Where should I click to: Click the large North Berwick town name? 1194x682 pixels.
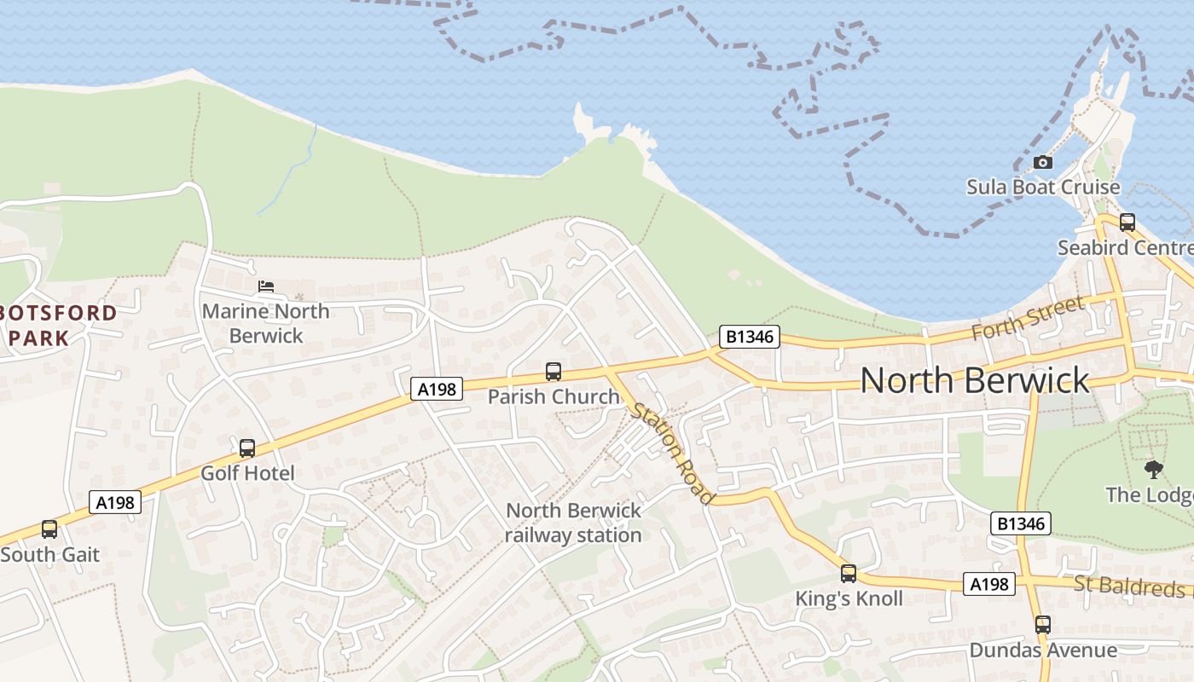click(x=975, y=380)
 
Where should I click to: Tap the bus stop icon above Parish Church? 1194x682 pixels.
click(x=554, y=372)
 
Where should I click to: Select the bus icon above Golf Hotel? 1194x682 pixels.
click(x=247, y=448)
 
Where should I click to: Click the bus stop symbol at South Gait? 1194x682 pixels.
click(x=49, y=529)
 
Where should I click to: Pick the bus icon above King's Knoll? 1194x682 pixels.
click(x=848, y=574)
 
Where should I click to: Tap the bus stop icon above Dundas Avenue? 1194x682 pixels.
click(x=1042, y=625)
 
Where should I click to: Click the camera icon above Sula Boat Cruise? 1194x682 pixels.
click(x=1042, y=162)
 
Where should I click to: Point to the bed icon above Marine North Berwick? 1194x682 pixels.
click(x=266, y=286)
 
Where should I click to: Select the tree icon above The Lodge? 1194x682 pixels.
click(x=1153, y=469)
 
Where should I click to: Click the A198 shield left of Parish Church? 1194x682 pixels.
click(x=437, y=390)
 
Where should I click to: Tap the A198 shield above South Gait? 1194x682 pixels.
click(x=115, y=502)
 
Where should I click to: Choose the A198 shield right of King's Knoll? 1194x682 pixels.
click(x=990, y=584)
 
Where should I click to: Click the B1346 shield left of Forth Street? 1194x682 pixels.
click(x=750, y=337)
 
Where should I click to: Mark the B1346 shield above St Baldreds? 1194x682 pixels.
click(x=1021, y=523)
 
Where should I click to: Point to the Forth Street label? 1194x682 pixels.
click(x=1029, y=317)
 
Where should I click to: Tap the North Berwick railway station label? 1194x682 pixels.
click(x=573, y=523)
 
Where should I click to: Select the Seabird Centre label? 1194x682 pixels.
click(x=1125, y=248)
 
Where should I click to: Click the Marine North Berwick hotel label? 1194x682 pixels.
click(x=266, y=323)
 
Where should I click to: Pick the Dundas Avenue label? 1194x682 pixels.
click(x=1043, y=650)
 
